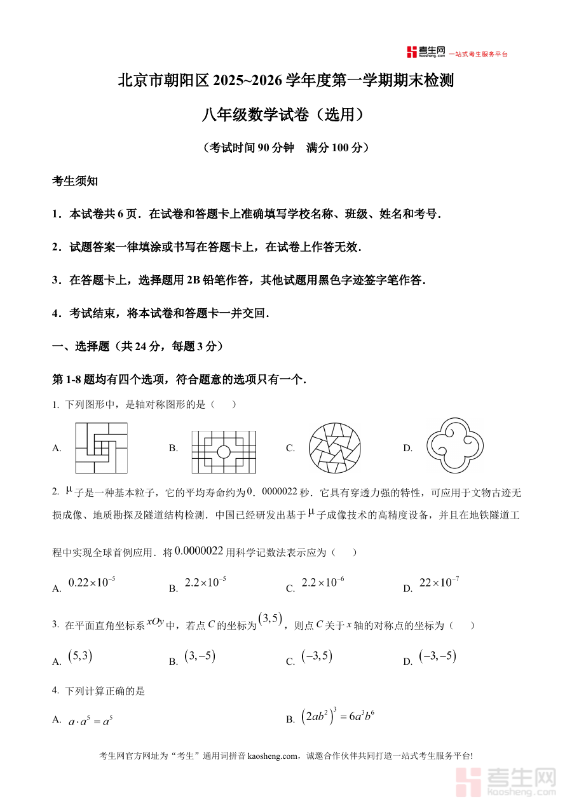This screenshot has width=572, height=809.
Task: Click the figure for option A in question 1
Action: (x=101, y=448)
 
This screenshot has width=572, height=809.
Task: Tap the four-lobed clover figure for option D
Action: (x=455, y=447)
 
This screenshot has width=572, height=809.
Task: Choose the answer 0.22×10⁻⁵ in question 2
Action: (x=92, y=582)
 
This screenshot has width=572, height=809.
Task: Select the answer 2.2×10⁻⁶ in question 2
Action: (x=322, y=582)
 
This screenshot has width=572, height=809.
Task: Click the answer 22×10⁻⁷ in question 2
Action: (x=439, y=582)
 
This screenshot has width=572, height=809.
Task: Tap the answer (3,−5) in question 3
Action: (x=200, y=656)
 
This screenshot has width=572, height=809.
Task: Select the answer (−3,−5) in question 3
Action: (x=437, y=656)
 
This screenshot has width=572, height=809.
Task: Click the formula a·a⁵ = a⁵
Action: (x=90, y=721)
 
